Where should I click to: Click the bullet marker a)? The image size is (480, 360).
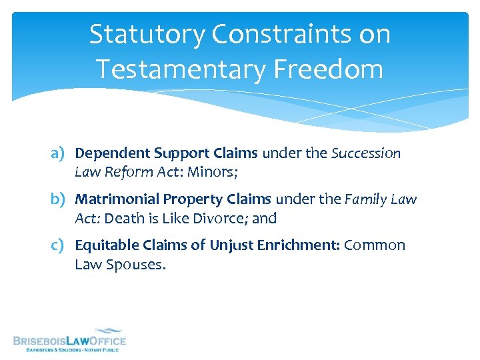coord(61,153)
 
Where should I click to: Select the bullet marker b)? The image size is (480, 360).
coord(61,199)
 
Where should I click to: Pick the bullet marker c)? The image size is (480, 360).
coord(61,245)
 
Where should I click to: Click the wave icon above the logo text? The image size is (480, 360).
coord(106,331)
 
